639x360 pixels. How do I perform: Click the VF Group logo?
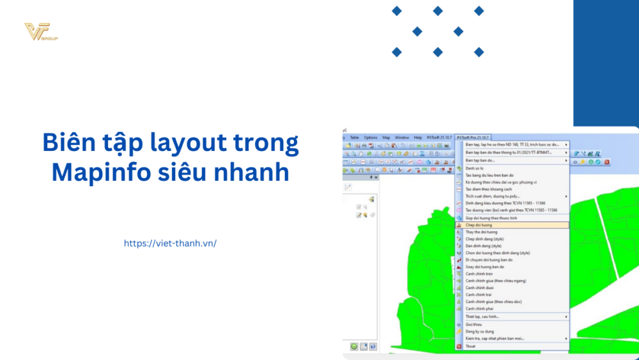point(40,32)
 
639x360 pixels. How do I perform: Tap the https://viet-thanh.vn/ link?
point(170,244)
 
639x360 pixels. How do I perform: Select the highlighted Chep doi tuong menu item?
point(479,225)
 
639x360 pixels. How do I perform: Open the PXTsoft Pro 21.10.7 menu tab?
point(473,137)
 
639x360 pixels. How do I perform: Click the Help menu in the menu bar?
point(418,137)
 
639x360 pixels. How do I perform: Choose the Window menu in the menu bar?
point(402,137)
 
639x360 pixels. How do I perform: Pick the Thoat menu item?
point(470,346)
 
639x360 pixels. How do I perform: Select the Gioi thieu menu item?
point(473,324)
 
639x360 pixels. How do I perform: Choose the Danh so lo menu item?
point(475,168)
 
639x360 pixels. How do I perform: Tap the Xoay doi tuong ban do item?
point(485,267)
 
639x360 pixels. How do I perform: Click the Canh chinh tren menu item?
point(479,274)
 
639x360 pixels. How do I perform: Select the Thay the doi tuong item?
point(481,231)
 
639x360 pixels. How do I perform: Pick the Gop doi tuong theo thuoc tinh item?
point(491,218)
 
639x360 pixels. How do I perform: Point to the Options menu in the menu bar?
point(371,137)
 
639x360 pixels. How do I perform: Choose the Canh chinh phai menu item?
point(479,308)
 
